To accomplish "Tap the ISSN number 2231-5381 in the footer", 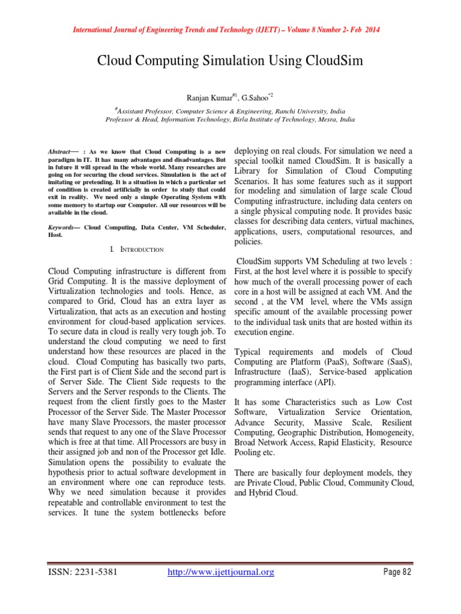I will click(95, 572).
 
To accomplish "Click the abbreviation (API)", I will click(324, 383).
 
